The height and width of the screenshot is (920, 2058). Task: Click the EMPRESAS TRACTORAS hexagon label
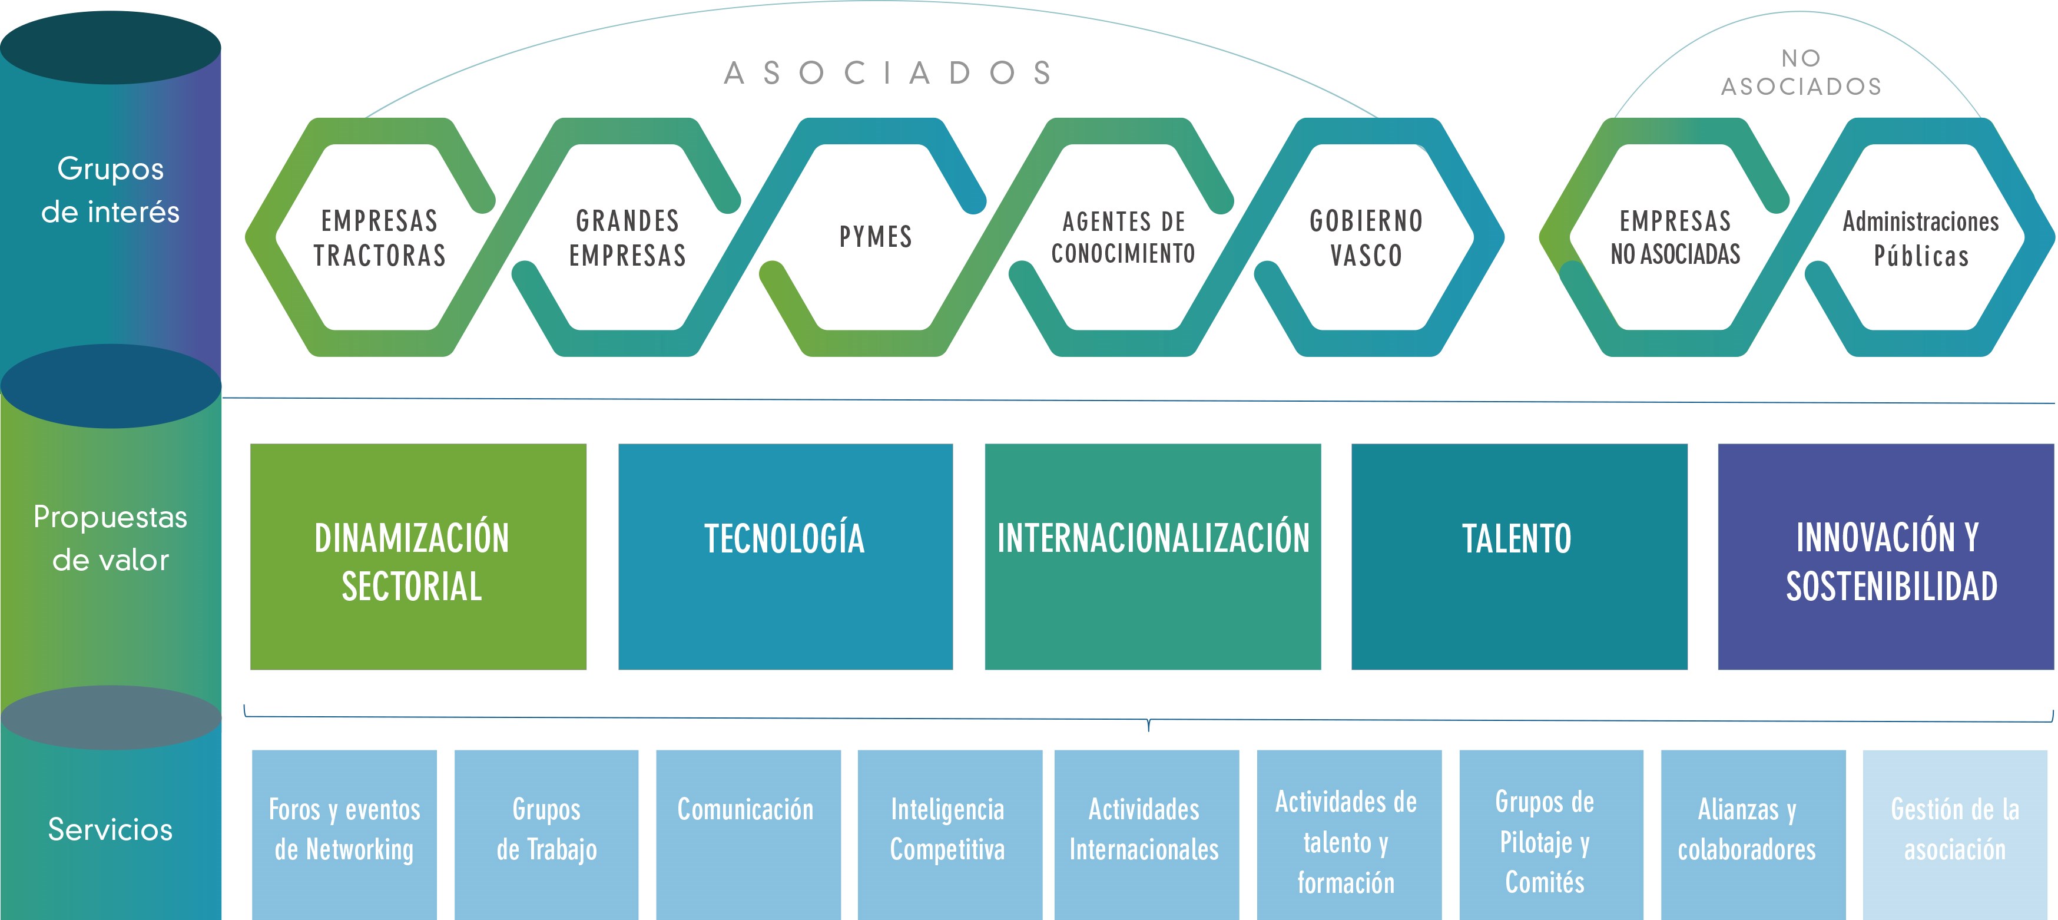[379, 237]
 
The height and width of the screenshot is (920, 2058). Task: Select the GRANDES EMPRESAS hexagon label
[628, 237]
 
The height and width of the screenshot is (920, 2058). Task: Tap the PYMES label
[876, 237]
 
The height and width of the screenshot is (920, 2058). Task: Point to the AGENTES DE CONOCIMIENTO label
[1124, 237]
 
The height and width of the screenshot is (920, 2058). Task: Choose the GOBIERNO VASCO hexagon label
[1366, 237]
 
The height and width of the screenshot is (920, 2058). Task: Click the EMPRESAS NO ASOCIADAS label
[1675, 237]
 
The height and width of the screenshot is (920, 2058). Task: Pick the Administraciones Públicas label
[1921, 238]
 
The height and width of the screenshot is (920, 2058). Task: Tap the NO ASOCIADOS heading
[1801, 72]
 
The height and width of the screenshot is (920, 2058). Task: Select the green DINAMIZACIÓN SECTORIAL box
[418, 557]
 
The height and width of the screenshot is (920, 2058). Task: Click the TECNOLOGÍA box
[786, 557]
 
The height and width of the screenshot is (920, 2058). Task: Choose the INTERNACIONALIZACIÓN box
[1153, 557]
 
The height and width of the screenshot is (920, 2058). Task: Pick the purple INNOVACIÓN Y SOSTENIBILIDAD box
[1886, 557]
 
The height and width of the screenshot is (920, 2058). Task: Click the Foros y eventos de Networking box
[344, 835]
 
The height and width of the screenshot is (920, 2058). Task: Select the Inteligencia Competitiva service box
[950, 835]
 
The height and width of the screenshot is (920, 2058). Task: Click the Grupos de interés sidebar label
[110, 190]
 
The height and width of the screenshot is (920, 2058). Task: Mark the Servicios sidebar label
[110, 830]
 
